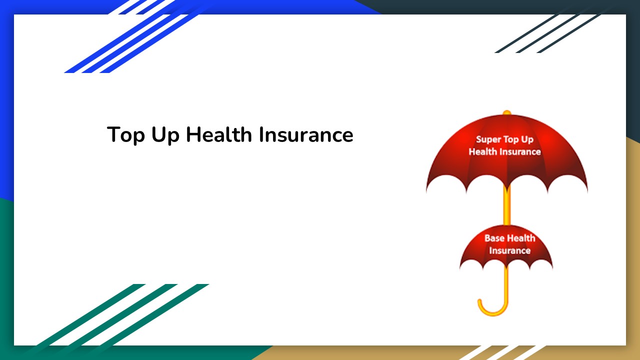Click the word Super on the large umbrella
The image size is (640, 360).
pyautogui.click(x=488, y=140)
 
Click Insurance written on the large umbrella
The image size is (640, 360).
pyautogui.click(x=520, y=151)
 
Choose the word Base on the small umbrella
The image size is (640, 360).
pyautogui.click(x=494, y=238)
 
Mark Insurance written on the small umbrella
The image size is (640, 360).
pyautogui.click(x=509, y=250)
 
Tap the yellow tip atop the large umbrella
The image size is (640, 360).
pyautogui.click(x=506, y=112)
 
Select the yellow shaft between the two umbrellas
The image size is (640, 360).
pyautogui.click(x=506, y=207)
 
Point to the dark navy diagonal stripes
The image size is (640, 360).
pyautogui.click(x=550, y=32)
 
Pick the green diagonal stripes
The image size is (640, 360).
pyautogui.click(x=125, y=315)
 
